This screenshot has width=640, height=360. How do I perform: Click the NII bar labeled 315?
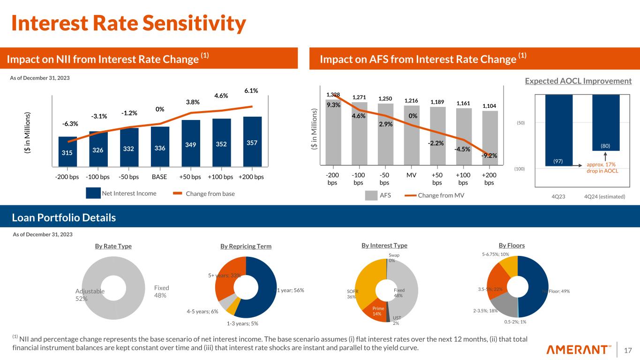(68, 151)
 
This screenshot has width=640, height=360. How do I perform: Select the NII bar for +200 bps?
(252, 142)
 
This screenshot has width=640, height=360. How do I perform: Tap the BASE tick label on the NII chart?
(160, 177)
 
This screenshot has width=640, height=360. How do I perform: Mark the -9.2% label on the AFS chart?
(489, 156)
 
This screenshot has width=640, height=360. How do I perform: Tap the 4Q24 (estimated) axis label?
(605, 196)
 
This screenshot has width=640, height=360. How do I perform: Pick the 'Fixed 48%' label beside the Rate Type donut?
(162, 291)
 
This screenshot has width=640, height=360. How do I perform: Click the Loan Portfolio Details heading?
(64, 218)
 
